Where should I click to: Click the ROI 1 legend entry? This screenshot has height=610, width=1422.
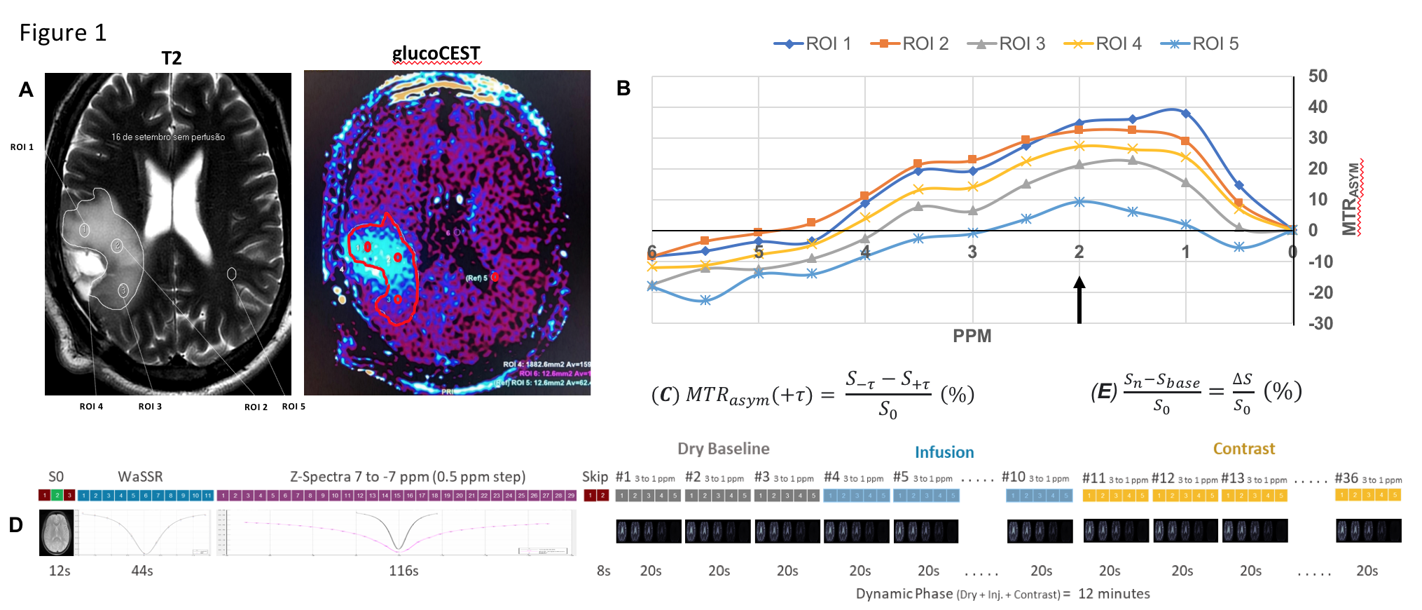coord(813,43)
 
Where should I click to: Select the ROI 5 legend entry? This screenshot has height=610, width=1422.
coord(1199,43)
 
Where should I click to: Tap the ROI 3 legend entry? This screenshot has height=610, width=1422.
coord(1006,43)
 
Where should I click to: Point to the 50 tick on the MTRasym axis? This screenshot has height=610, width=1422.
coord(1318,76)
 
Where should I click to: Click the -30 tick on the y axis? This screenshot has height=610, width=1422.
coord(1320,323)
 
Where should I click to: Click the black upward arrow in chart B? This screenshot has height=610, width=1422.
coord(1079,299)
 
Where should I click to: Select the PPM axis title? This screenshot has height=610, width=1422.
coord(972,336)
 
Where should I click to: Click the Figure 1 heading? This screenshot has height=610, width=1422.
coord(62,33)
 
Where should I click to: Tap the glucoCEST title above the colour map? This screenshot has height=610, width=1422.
coord(436,53)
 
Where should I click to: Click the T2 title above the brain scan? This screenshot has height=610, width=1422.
coord(171,57)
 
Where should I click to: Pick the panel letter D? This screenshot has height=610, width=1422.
coord(15,525)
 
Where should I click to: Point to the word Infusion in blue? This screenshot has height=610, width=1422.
coord(944,452)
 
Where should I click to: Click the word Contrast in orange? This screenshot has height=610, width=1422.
coord(1243,449)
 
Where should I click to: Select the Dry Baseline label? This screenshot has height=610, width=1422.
coord(723,449)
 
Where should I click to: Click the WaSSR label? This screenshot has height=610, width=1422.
coord(140,477)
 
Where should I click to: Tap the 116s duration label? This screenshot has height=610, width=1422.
coord(403,571)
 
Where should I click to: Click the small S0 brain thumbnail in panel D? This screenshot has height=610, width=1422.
coord(56,532)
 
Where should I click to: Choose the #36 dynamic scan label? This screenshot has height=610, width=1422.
coord(1346,478)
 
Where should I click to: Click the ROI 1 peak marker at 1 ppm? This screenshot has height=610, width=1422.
coord(1185,113)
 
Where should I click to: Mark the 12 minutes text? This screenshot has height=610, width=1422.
coord(1114,594)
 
